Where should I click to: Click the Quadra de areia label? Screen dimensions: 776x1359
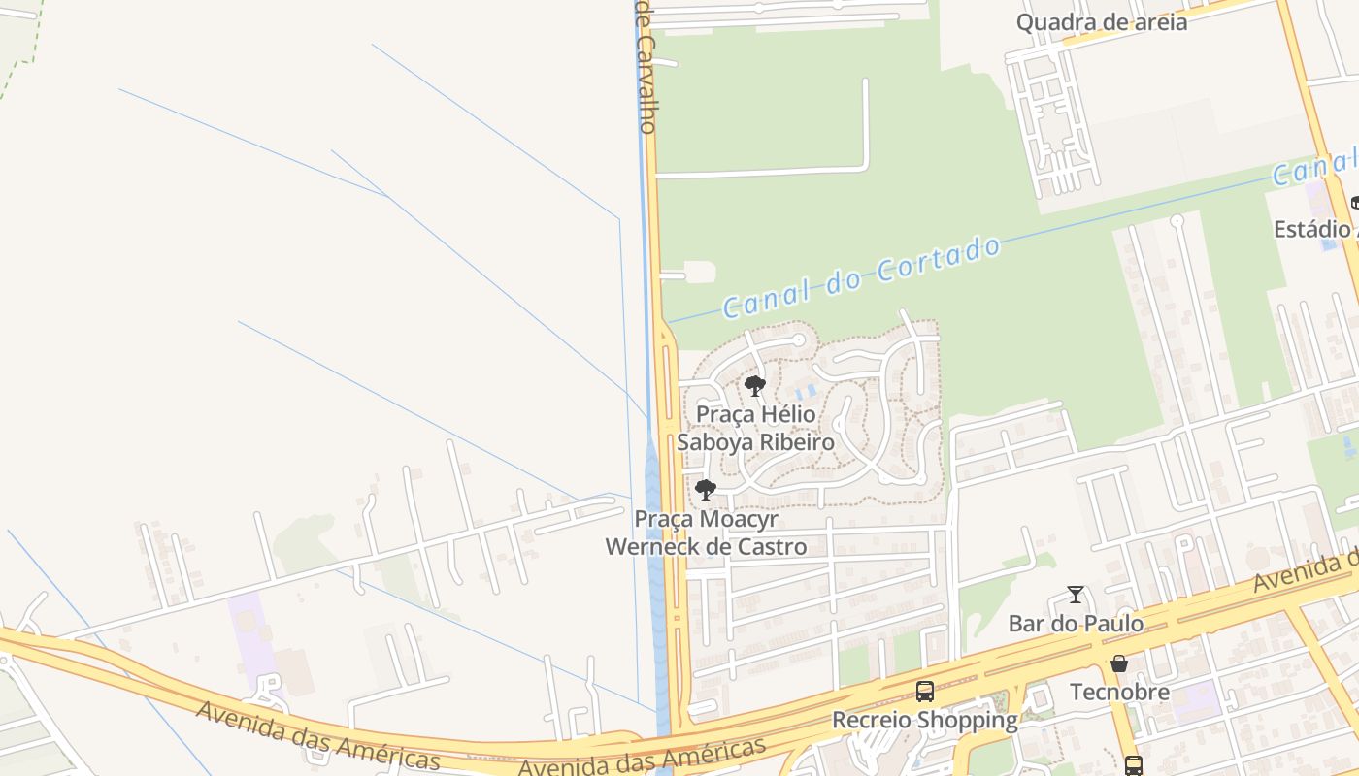point(1101,22)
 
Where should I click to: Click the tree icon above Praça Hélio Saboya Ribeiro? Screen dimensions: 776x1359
point(755,386)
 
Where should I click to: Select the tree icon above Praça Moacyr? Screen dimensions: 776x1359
point(706,489)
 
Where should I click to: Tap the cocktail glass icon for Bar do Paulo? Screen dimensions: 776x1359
point(1076,595)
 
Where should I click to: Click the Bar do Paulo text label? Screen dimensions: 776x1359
point(1076,623)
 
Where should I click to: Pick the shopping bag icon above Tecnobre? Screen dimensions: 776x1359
point(1119,663)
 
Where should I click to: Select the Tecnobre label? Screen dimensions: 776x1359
point(1119,692)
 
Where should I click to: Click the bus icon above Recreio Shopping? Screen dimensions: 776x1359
point(925,692)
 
